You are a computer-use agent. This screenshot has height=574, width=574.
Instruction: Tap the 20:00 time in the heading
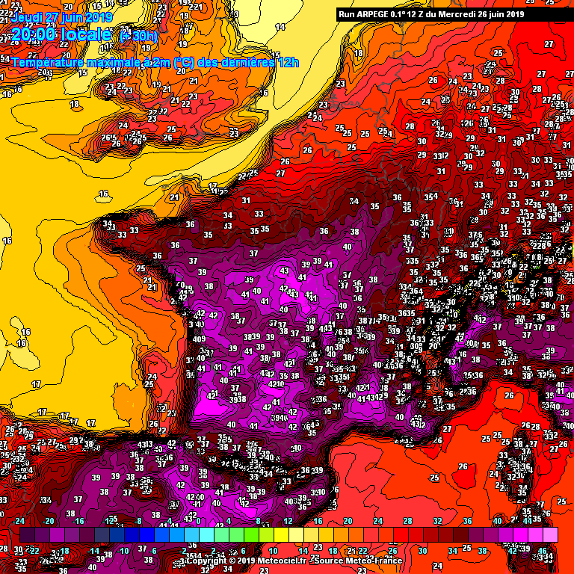tap(34, 35)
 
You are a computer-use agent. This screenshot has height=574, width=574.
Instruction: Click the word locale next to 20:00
tap(87, 35)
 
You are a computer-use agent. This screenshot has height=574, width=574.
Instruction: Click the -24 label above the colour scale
tap(20, 521)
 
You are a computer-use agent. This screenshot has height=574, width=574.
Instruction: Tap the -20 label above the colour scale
tap(50, 521)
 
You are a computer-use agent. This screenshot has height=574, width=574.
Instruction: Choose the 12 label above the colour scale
tap(288, 521)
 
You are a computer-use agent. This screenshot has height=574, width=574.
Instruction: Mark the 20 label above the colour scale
tap(348, 521)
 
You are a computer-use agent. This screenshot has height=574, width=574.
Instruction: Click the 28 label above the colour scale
tap(407, 521)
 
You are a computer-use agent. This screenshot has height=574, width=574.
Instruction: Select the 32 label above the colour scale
tap(437, 521)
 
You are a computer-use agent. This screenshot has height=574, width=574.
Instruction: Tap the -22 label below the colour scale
tap(34, 551)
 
